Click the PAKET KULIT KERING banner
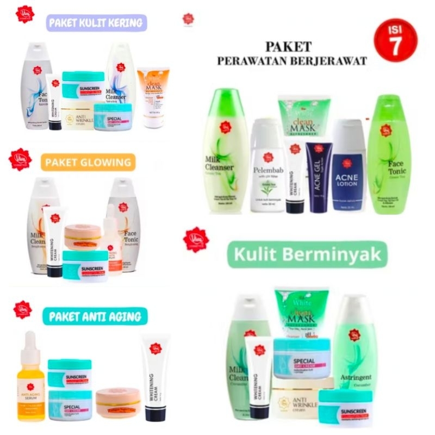(95, 23)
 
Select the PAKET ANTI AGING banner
(95, 316)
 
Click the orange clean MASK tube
(153, 97)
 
